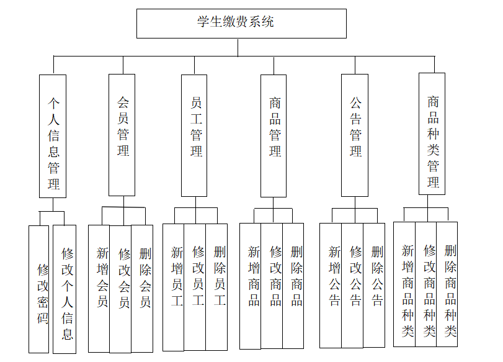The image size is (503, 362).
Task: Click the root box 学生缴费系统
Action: pyautogui.click(x=241, y=24)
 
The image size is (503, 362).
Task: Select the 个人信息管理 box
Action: pyautogui.click(x=53, y=136)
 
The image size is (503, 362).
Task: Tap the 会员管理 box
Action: pyautogui.click(x=122, y=135)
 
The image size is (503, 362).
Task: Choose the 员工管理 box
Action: pyautogui.click(x=194, y=135)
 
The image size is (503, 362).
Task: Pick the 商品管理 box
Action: pyautogui.click(x=274, y=135)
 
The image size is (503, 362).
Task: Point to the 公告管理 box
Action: pyautogui.click(x=355, y=135)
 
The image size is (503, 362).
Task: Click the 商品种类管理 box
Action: pyautogui.click(x=432, y=133)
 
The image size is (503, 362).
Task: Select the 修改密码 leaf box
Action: pyautogui.click(x=39, y=289)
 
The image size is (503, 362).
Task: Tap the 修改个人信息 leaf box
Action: pyautogui.click(x=65, y=289)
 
